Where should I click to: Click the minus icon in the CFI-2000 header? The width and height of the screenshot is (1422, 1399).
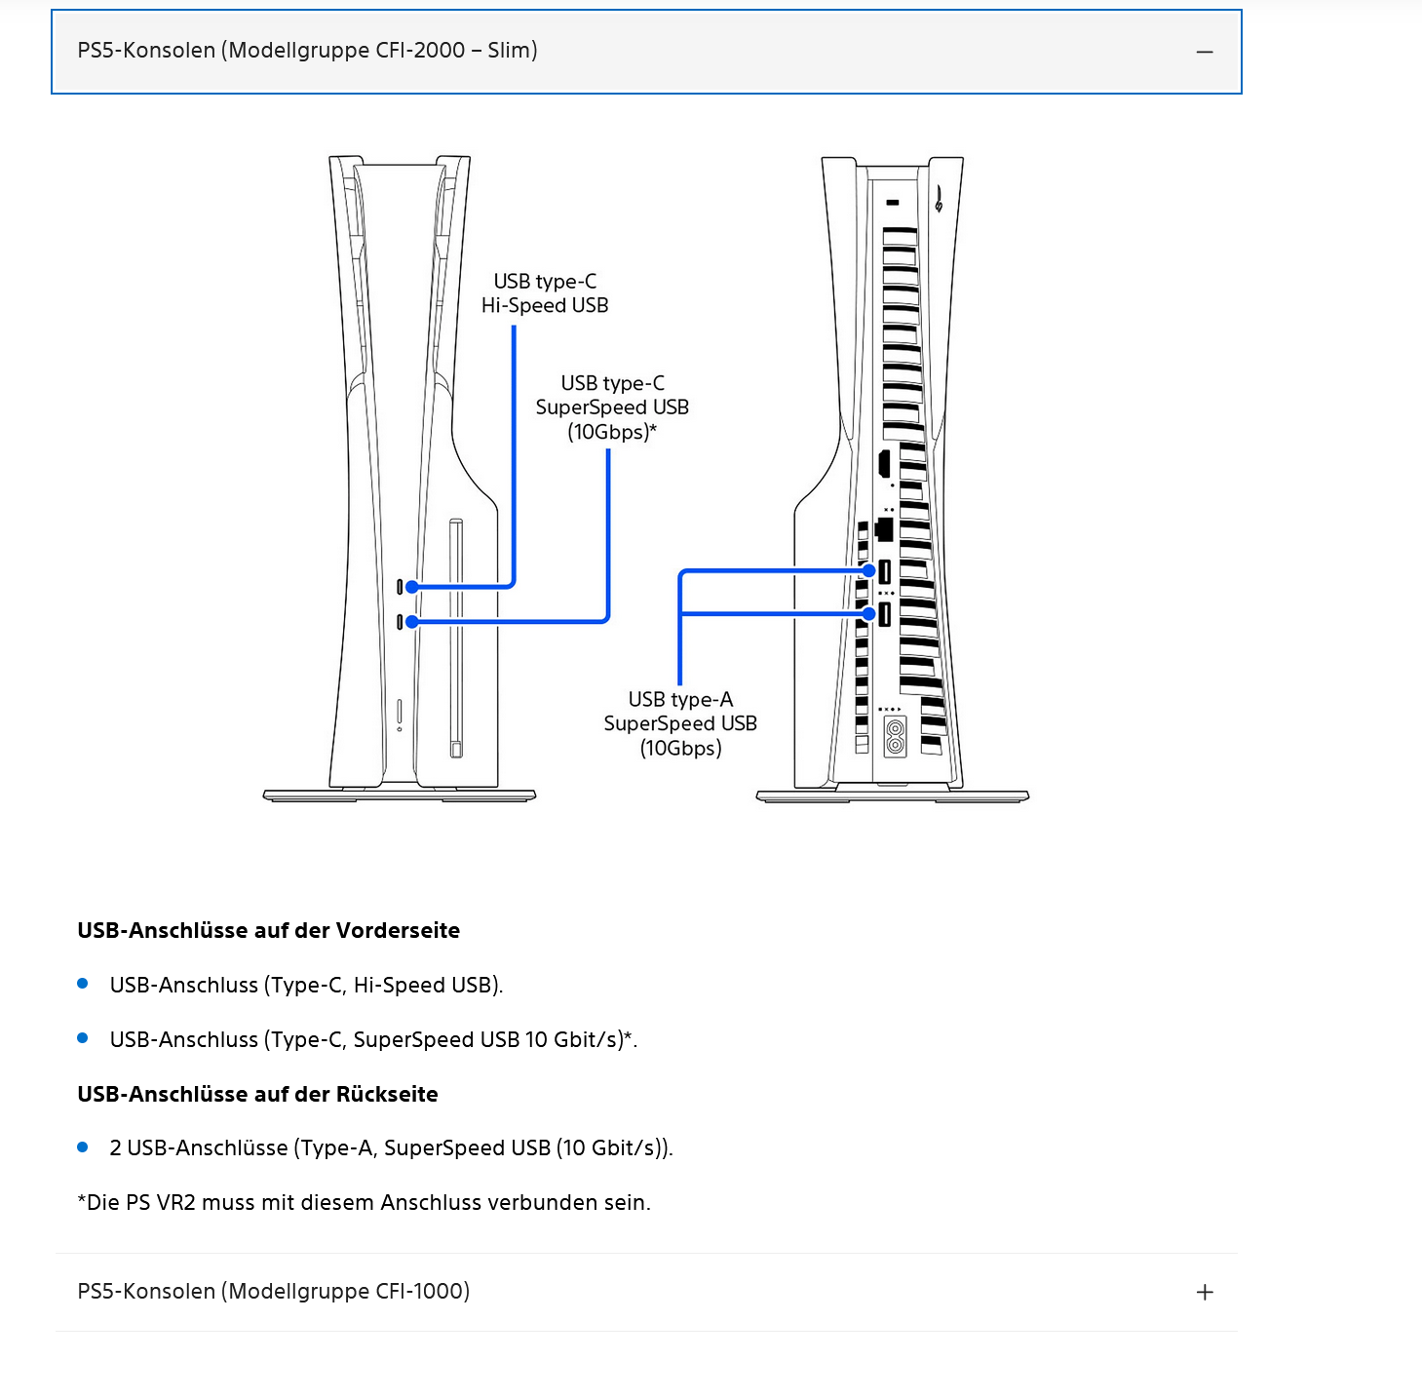pos(1205,52)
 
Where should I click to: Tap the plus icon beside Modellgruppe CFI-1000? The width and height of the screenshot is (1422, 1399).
pos(1205,1293)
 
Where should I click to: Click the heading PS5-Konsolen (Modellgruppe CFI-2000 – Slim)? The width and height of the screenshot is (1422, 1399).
pos(307,51)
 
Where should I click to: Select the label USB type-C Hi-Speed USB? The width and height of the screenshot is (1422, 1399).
pos(545,293)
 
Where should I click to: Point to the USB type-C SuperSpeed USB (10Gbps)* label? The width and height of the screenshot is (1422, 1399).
pos(612,408)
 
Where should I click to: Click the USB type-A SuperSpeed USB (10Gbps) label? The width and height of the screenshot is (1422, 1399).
pos(680,723)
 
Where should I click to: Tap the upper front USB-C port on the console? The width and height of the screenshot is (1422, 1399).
pos(400,587)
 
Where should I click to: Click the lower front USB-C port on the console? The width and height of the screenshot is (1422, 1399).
pos(400,621)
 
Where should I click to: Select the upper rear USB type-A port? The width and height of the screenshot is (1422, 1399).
pos(885,571)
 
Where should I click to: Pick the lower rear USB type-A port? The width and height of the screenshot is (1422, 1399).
pos(885,614)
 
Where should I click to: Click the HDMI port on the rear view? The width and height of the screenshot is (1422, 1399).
pos(884,464)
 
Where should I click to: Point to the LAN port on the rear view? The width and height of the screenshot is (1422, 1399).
pos(885,529)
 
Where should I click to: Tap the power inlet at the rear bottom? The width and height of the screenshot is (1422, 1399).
pos(895,737)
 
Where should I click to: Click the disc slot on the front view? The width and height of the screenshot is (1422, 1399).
pos(455,639)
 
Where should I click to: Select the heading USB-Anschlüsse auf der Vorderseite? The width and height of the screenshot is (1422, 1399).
pos(268,931)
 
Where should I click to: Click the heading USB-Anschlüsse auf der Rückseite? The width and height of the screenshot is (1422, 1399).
pos(257,1095)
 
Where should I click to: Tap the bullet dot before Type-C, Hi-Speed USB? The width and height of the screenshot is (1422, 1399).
pos(83,985)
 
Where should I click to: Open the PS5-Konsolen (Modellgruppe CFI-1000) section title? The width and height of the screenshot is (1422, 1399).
pos(273,1292)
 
